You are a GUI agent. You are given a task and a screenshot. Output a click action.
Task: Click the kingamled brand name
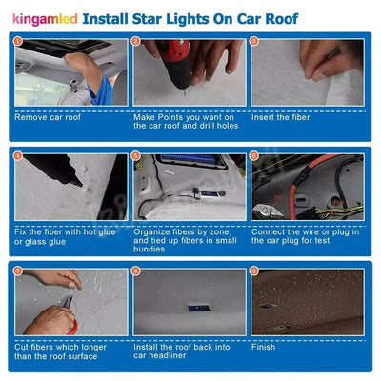pos(45,17)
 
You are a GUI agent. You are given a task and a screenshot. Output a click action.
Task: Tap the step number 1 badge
pos(19,43)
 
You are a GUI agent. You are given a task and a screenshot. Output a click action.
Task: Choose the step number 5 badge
pos(136,157)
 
